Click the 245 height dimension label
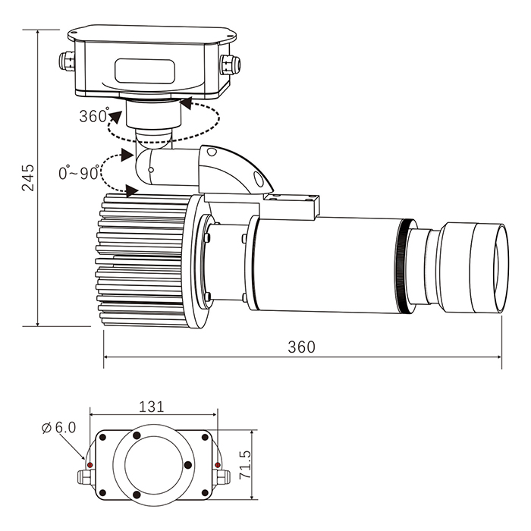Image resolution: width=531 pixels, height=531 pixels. click(28, 178)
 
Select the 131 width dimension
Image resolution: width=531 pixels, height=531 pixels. click(152, 407)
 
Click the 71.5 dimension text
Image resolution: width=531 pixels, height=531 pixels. click(245, 465)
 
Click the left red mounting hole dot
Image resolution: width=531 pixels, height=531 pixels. click(90, 465)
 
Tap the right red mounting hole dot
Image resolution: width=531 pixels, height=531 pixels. click(218, 465)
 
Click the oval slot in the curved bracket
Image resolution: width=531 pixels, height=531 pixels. click(258, 178)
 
